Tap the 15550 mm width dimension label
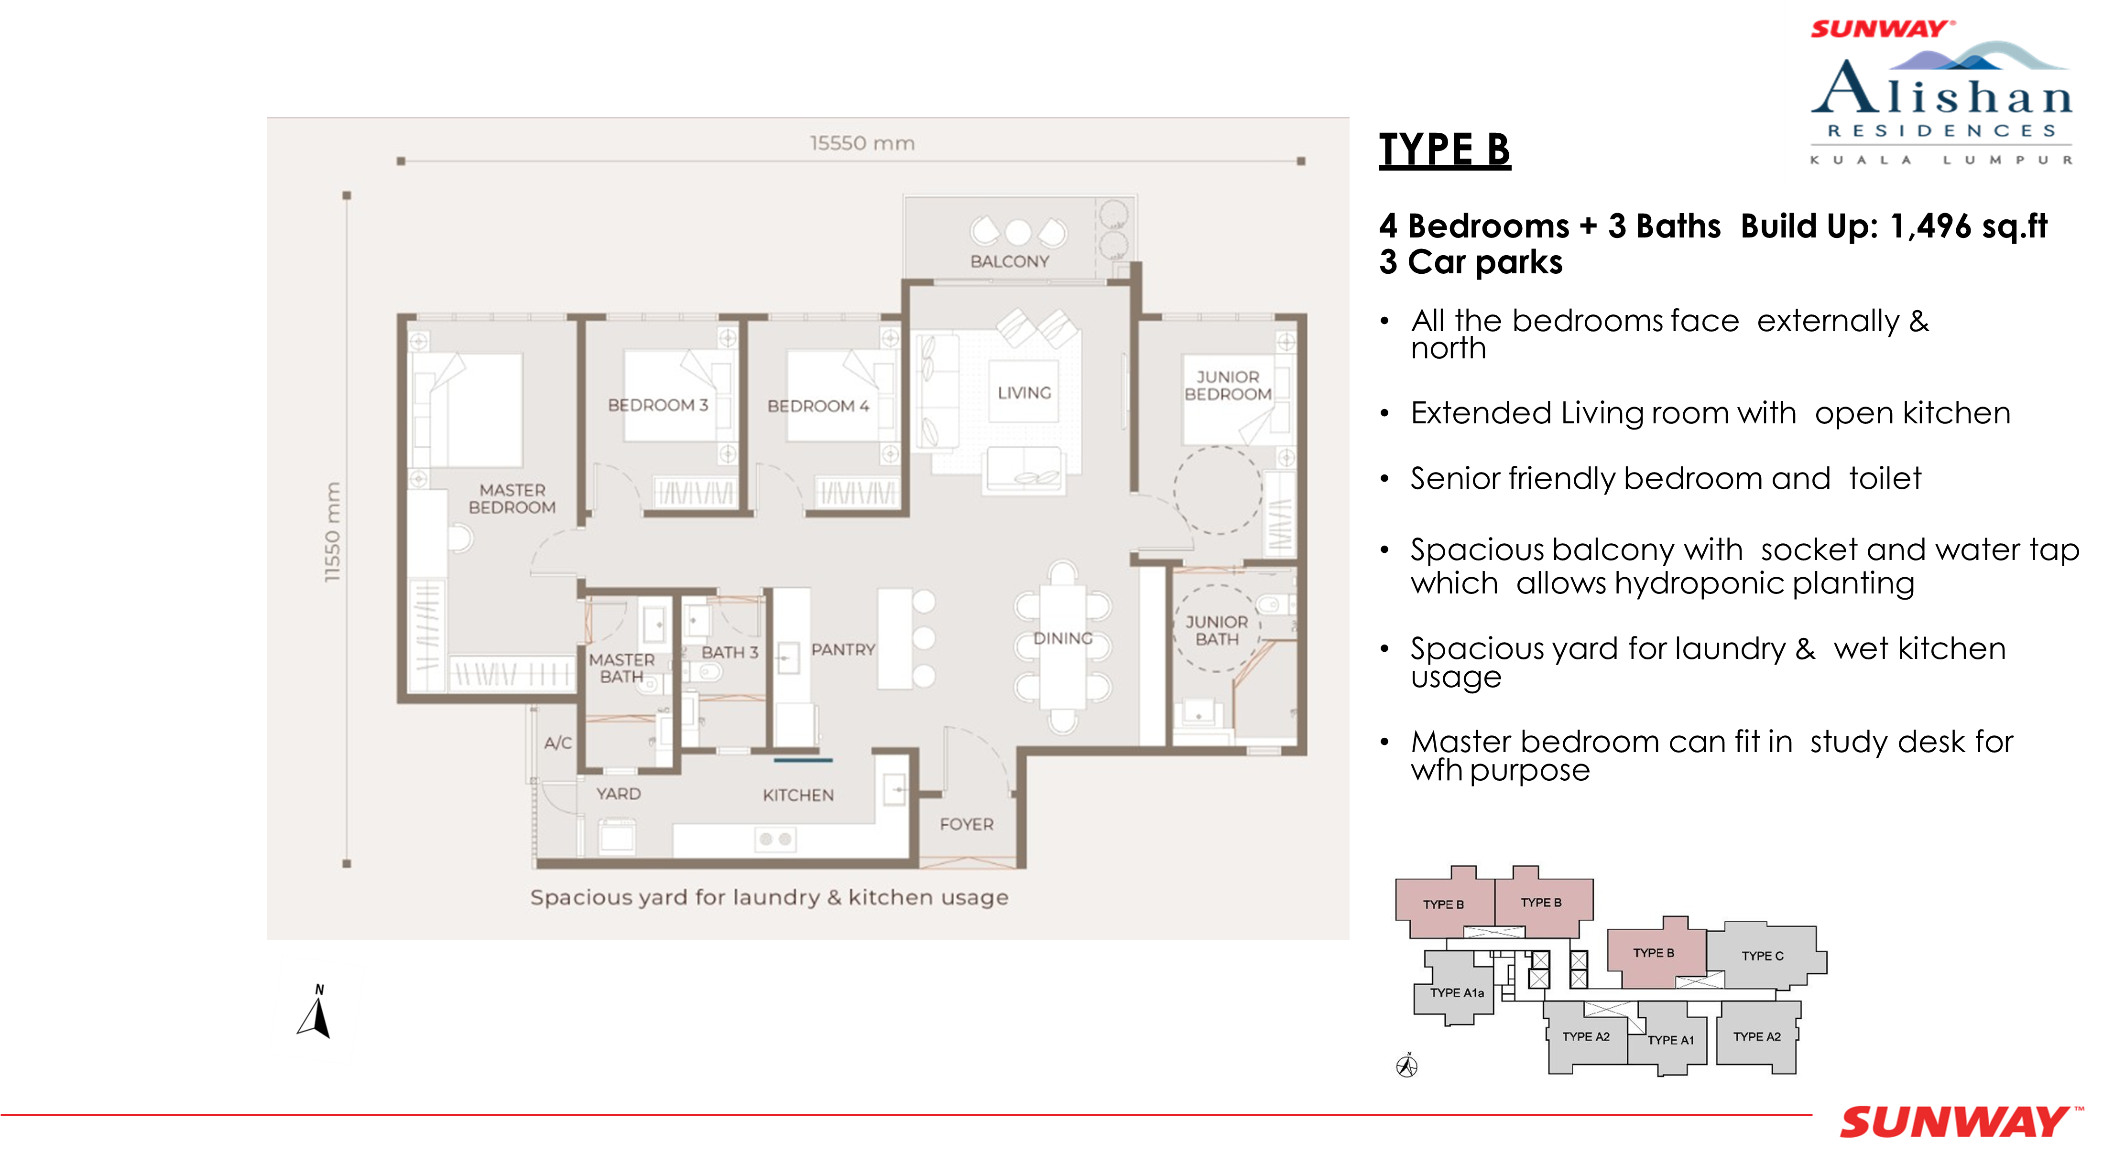861,143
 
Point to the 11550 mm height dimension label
332,532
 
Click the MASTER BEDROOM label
512,499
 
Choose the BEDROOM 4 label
818,406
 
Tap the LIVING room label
1024,393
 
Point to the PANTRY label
843,650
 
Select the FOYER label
967,825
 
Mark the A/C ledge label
558,743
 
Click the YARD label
618,794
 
